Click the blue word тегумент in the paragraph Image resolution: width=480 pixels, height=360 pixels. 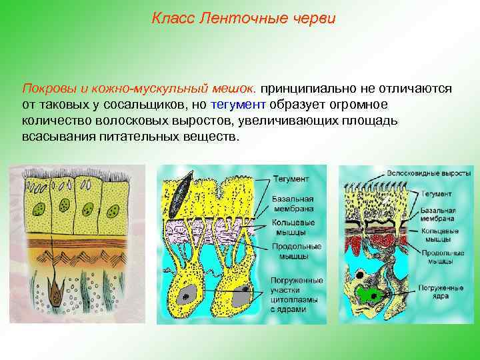pyautogui.click(x=238, y=105)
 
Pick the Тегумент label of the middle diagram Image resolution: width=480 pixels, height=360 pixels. pyautogui.click(x=291, y=179)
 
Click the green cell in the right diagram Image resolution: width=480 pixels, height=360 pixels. pyautogui.click(x=368, y=293)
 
